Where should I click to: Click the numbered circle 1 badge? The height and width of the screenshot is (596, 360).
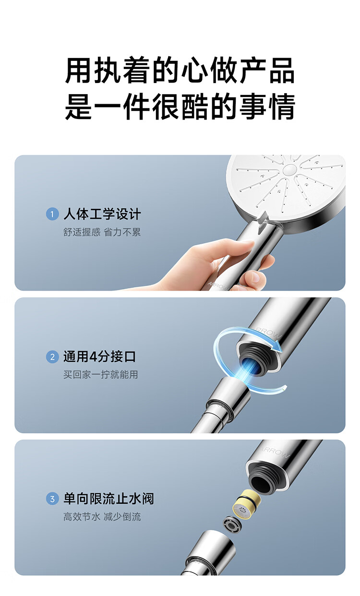point(52,214)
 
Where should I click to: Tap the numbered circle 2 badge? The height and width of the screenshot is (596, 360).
point(52,357)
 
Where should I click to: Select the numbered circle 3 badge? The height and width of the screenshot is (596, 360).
point(52,499)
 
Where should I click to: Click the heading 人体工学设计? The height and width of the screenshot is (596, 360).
point(102,214)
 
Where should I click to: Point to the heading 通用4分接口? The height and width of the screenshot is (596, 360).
point(99,357)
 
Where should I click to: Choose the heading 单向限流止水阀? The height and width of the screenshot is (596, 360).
point(108,499)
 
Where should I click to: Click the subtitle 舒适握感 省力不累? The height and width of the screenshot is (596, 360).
point(102,232)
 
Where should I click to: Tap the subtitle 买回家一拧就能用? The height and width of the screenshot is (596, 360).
point(101,375)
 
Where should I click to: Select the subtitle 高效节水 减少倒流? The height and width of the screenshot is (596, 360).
point(102,517)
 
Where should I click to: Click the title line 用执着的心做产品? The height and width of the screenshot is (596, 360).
point(180,71)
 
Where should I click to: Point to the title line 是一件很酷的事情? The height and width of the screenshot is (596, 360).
point(180,106)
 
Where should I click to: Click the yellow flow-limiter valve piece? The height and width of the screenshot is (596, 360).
point(247,504)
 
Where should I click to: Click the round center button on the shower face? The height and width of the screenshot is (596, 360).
point(290,169)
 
